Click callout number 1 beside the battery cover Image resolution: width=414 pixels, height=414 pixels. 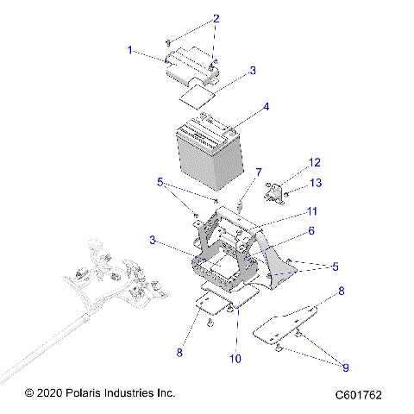click(x=131, y=51)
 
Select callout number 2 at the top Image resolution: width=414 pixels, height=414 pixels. click(x=216, y=18)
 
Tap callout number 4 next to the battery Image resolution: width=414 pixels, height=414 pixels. click(x=266, y=107)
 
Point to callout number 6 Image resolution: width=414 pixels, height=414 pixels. click(x=310, y=230)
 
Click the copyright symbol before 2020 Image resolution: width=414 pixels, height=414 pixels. click(x=29, y=392)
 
